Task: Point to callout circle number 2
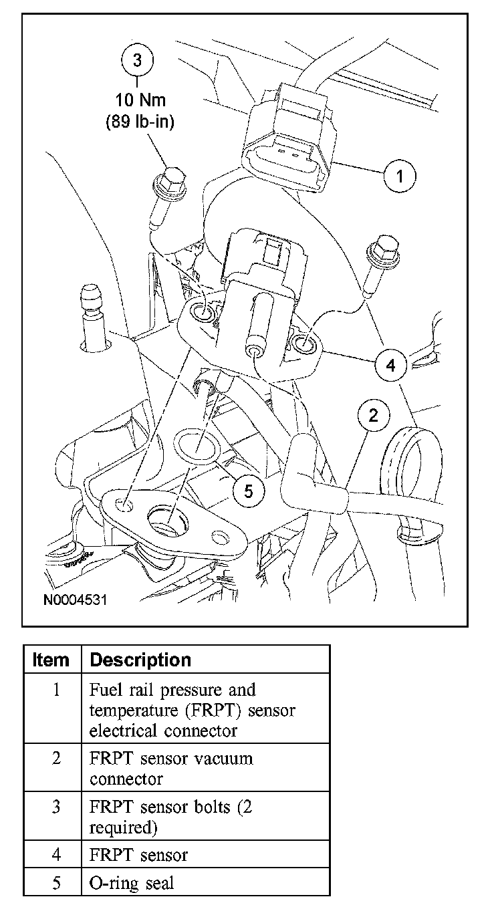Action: [373, 416]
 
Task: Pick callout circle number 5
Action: [248, 491]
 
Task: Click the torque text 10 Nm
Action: [138, 101]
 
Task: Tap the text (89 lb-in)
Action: [138, 122]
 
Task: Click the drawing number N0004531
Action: [75, 600]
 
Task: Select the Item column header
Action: [51, 660]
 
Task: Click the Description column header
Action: [140, 660]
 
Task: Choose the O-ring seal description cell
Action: [131, 883]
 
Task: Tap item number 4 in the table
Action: [55, 854]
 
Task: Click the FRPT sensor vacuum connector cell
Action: [170, 769]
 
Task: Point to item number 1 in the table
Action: [55, 690]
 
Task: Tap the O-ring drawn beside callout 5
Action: [195, 444]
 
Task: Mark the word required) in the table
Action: [124, 827]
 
